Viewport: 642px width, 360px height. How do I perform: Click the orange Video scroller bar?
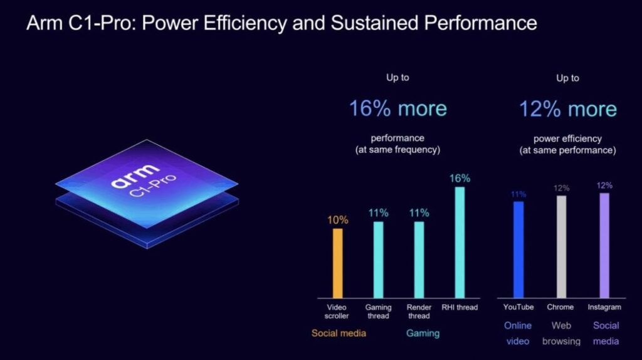coord(338,263)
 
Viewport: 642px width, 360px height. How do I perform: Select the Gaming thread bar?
coord(379,259)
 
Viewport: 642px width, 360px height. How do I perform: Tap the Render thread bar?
coord(419,259)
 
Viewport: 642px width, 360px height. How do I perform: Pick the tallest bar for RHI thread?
coord(460,242)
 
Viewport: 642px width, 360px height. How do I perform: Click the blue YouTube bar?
coord(518,249)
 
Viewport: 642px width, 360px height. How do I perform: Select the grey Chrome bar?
coord(561,246)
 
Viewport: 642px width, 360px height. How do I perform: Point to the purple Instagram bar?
coord(604,245)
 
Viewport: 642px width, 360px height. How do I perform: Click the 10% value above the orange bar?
coord(338,220)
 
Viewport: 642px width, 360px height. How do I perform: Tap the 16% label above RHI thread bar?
coord(460,179)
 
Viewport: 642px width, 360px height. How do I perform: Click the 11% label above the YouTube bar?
coord(518,194)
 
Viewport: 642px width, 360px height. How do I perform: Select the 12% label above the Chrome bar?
coord(561,188)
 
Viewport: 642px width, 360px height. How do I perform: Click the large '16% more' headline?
coord(398,109)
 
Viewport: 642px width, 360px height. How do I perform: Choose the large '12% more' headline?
coord(567,109)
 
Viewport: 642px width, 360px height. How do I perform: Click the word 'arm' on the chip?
coord(130,183)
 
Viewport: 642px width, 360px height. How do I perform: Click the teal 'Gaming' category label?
coord(423,333)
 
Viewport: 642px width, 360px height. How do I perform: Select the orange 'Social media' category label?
coord(339,333)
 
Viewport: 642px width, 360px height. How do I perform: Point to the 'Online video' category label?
coord(518,333)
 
